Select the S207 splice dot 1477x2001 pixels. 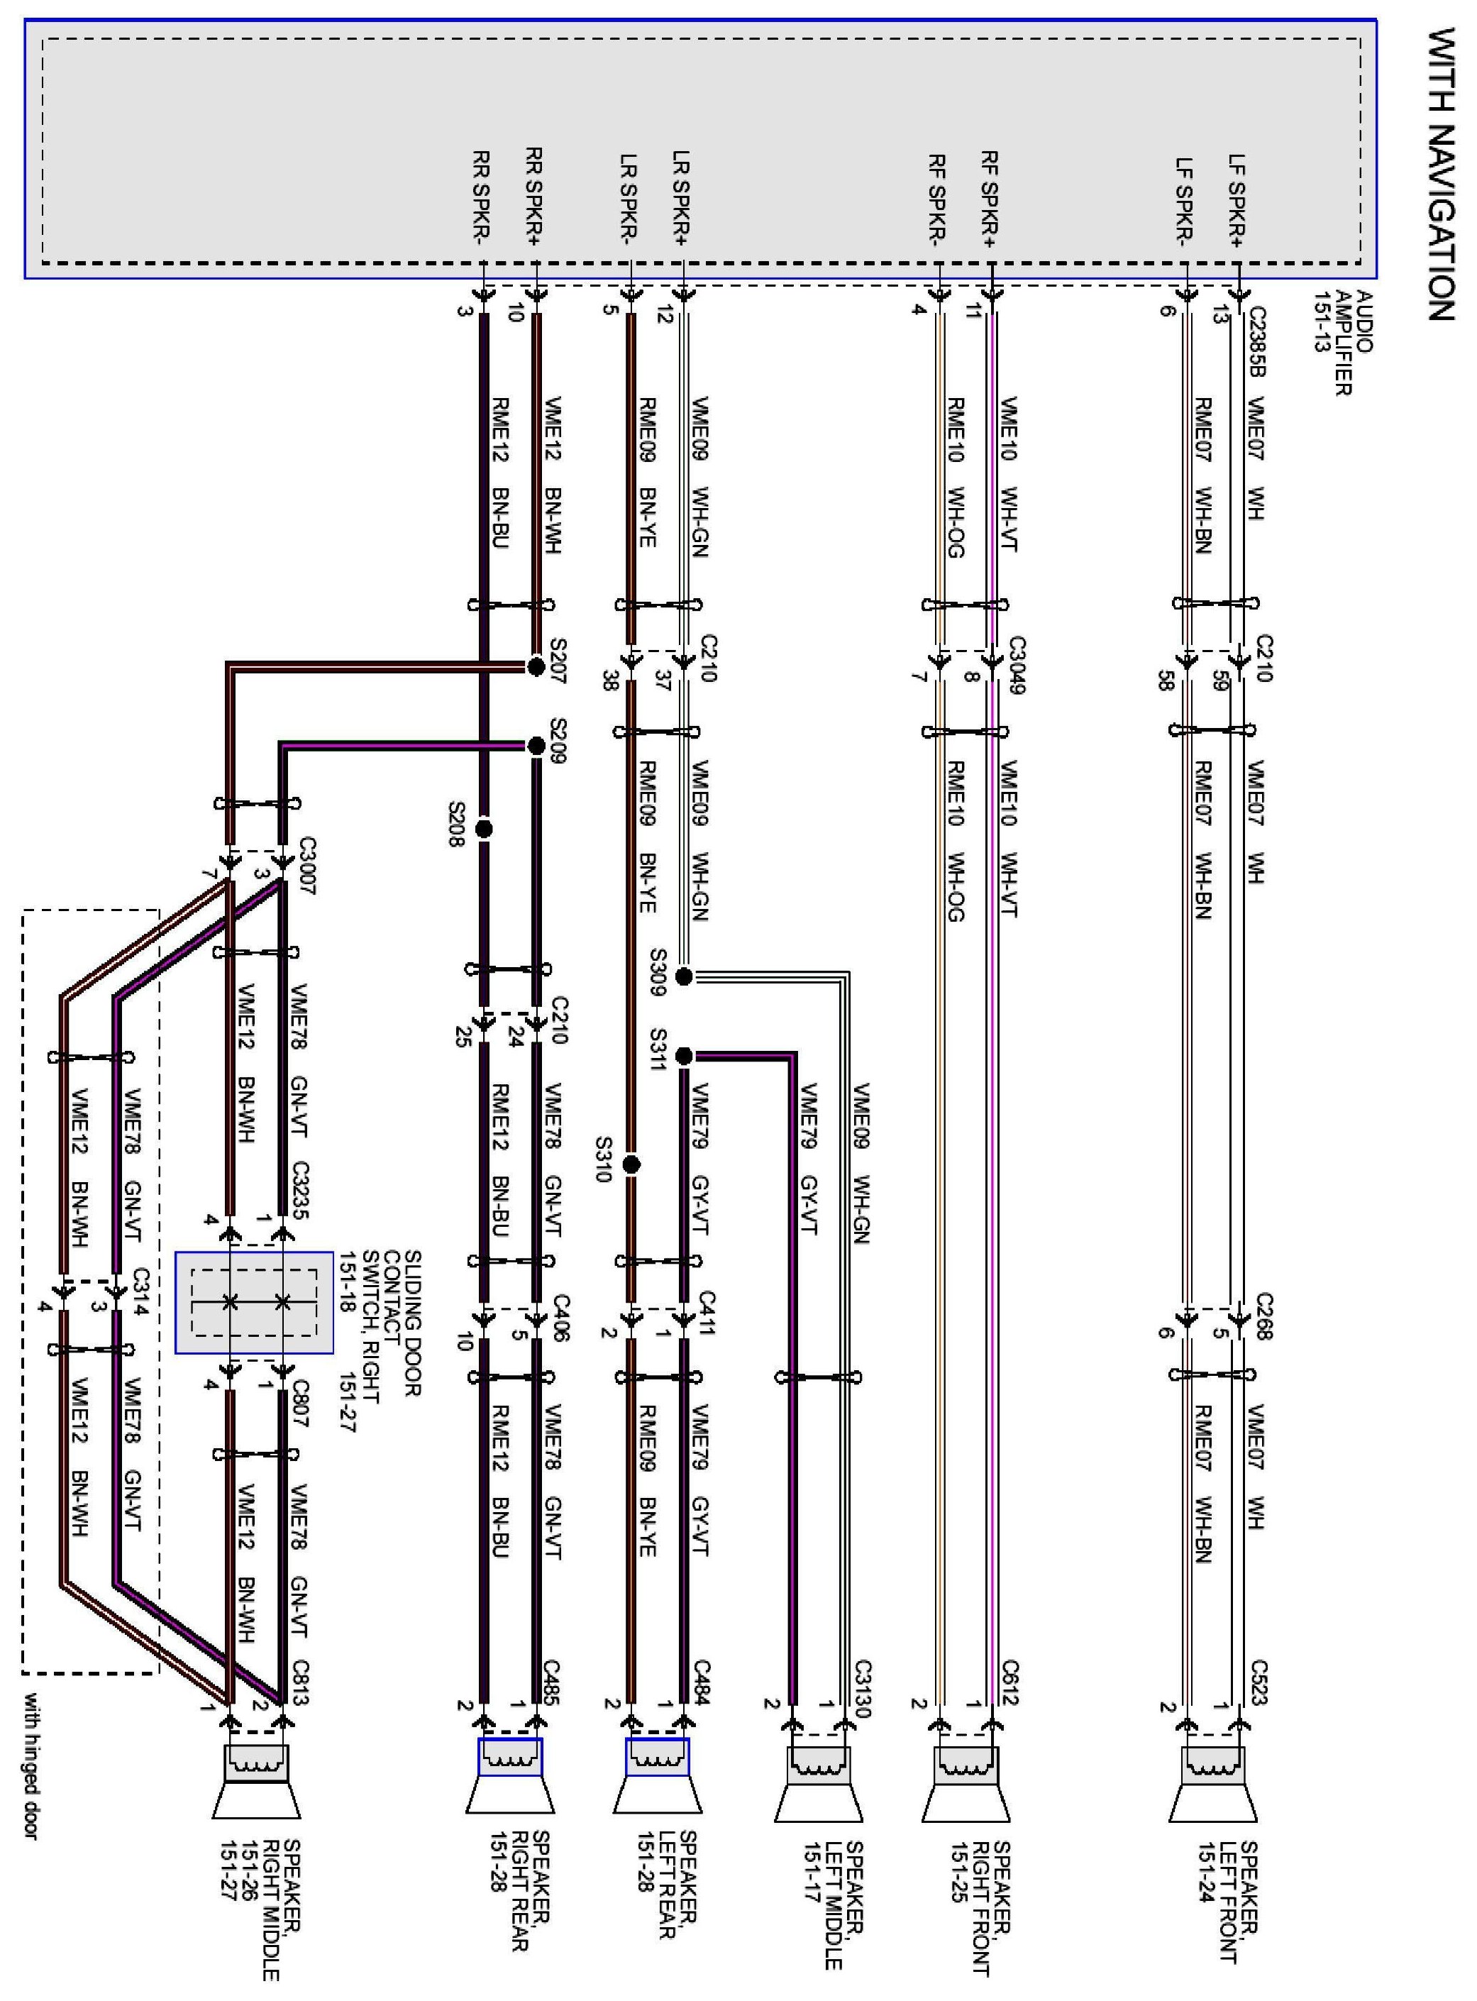point(536,666)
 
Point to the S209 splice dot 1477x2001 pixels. point(536,746)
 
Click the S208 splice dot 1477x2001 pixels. point(484,829)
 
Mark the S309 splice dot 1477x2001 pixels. point(684,976)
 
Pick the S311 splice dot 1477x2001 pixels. point(684,1056)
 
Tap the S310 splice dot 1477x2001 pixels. point(632,1164)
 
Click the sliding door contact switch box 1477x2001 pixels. point(254,1302)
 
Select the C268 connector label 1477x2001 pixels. point(1264,1316)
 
